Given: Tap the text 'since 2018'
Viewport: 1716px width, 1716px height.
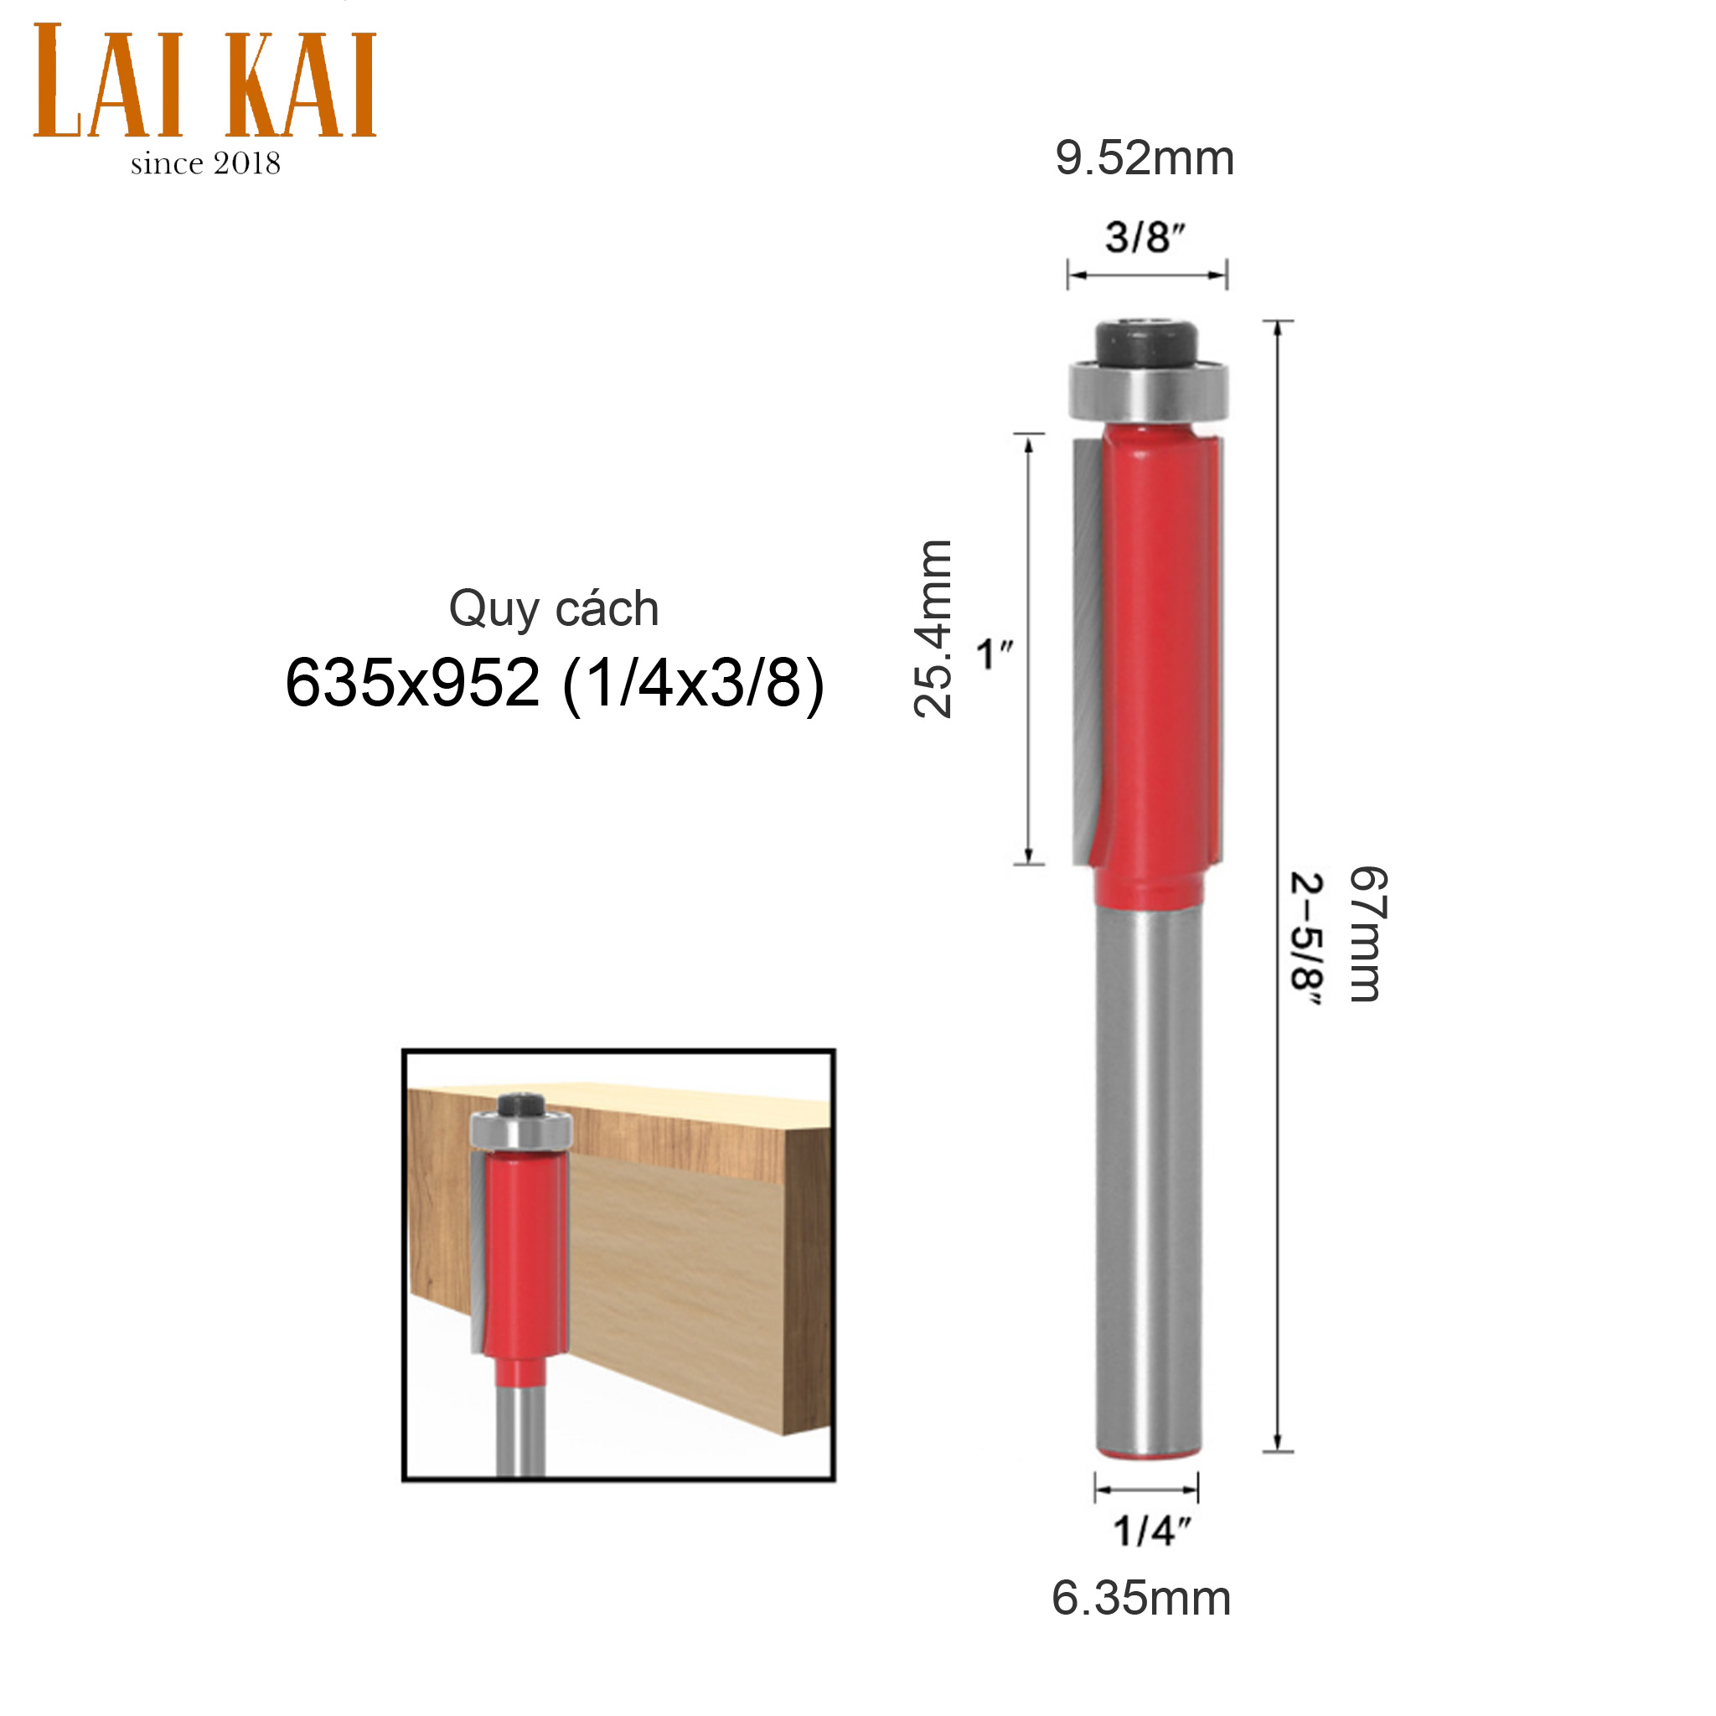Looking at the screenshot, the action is point(205,163).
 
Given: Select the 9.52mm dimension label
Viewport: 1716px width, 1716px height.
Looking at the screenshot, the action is point(1145,159).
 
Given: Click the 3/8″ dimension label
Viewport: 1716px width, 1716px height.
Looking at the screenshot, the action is point(1145,237).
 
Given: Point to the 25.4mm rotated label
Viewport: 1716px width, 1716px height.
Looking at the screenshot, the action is point(933,629).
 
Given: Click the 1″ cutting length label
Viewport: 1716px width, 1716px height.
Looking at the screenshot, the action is point(994,655).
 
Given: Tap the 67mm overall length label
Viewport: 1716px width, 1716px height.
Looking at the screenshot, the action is point(1367,934).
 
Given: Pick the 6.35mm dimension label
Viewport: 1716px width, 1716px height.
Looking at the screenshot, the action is point(1141,1599).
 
